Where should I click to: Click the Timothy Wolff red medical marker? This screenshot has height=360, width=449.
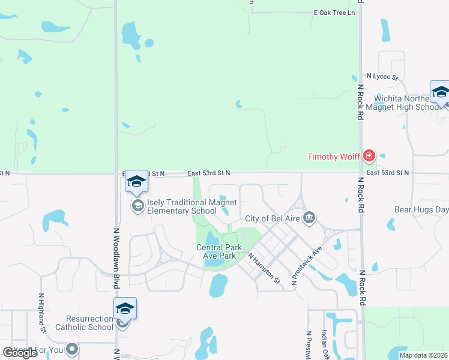(369, 157)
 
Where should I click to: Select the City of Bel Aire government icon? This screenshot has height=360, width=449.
(309, 217)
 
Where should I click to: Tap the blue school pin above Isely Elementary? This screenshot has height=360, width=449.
(136, 182)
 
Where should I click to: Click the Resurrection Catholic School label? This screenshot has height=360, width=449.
(84, 323)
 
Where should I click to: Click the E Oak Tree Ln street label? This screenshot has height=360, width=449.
(334, 13)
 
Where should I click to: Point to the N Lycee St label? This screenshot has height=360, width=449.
(382, 77)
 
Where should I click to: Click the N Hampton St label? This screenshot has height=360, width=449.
(264, 268)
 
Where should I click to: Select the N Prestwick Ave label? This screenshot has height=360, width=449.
(307, 265)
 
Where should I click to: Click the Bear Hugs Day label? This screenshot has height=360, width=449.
(421, 210)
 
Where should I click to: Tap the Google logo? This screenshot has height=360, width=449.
(20, 352)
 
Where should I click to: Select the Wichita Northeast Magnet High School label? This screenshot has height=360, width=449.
(407, 103)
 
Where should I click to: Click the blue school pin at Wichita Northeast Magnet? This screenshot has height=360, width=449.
(440, 92)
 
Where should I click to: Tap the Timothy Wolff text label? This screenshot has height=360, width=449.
(333, 157)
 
